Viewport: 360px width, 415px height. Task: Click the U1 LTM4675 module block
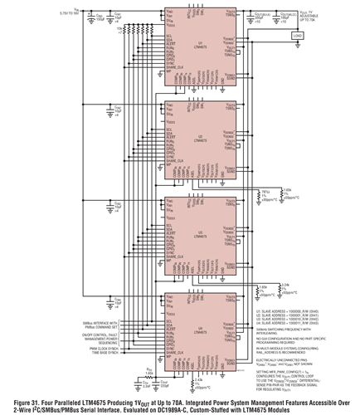coord(197,50)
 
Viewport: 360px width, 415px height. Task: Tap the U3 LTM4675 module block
coord(197,236)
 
